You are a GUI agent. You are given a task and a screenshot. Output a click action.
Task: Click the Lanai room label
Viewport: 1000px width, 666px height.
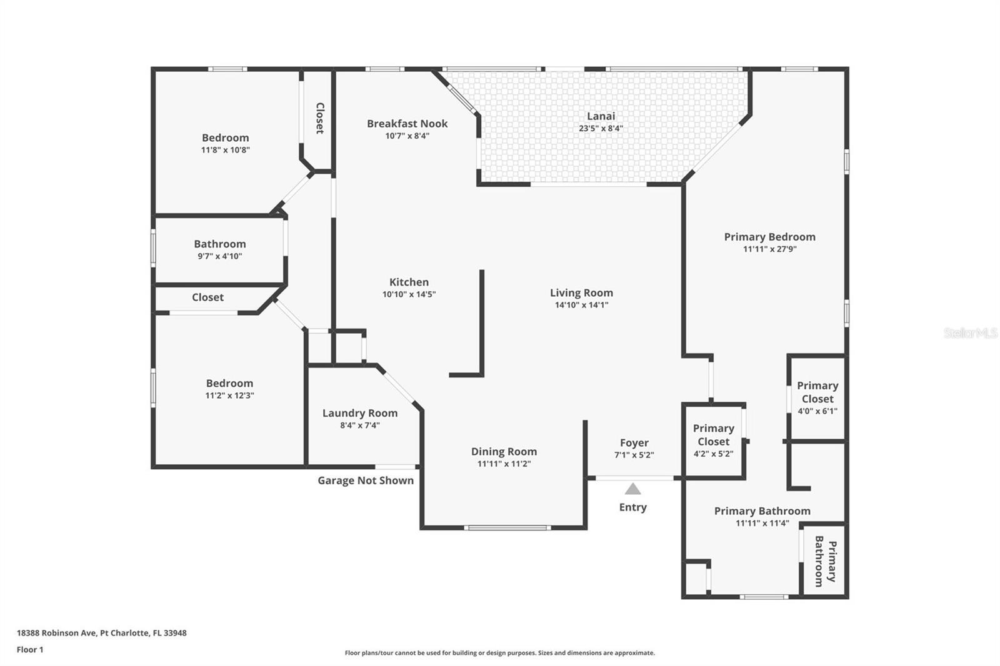[x=601, y=116]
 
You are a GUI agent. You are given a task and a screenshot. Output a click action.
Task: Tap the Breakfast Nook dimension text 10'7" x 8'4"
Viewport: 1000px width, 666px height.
[x=407, y=136]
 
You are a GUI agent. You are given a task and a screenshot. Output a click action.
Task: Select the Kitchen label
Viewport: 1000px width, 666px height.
[x=409, y=282]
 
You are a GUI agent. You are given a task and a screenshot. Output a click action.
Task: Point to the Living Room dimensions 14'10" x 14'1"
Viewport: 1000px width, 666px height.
[x=581, y=305]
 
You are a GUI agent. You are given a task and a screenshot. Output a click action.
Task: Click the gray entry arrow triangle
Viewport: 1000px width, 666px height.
[x=632, y=489]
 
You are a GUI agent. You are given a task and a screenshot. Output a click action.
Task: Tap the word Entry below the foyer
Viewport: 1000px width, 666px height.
[x=632, y=507]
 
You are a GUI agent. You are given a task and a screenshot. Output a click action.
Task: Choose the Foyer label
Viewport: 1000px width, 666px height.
[x=634, y=443]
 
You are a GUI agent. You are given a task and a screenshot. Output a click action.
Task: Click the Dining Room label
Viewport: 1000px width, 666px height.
[x=504, y=452]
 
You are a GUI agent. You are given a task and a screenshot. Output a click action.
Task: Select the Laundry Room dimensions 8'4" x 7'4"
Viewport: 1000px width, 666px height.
[x=359, y=425]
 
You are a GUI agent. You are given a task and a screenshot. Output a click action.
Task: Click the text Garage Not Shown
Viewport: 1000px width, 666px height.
[x=366, y=480]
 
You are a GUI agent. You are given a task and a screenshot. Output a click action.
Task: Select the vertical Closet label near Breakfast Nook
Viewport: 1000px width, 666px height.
[x=319, y=118]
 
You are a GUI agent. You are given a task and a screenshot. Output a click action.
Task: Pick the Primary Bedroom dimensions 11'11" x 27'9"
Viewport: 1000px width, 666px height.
[x=769, y=249]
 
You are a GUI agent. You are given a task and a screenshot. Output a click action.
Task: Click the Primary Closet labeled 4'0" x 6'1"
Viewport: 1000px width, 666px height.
[x=817, y=398]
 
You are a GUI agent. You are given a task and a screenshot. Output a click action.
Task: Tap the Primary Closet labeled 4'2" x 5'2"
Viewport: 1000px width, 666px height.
[x=713, y=440]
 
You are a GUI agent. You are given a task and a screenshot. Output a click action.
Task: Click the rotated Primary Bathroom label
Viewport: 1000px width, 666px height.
[x=824, y=561]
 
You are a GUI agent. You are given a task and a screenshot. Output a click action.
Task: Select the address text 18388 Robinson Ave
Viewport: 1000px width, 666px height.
[x=57, y=633]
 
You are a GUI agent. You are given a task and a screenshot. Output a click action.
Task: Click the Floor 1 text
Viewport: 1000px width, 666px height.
[x=30, y=650]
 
